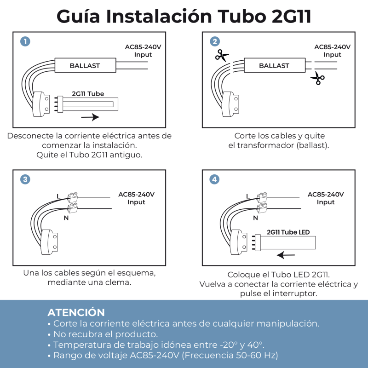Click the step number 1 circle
click(x=25, y=41)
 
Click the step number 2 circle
click(x=215, y=41)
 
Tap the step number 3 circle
click(x=25, y=179)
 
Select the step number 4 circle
click(x=214, y=179)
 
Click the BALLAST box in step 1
click(x=85, y=65)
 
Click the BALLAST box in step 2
click(x=275, y=65)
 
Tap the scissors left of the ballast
click(x=222, y=55)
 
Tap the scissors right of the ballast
click(x=317, y=78)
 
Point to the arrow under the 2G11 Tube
click(x=90, y=117)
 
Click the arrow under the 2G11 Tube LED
click(x=286, y=255)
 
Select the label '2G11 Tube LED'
click(x=288, y=232)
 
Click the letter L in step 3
click(x=58, y=196)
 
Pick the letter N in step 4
click(x=255, y=218)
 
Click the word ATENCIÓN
click(x=76, y=312)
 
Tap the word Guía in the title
click(x=78, y=16)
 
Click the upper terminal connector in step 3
click(x=73, y=197)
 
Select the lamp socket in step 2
click(x=231, y=104)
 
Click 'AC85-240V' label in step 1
click(x=143, y=47)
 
